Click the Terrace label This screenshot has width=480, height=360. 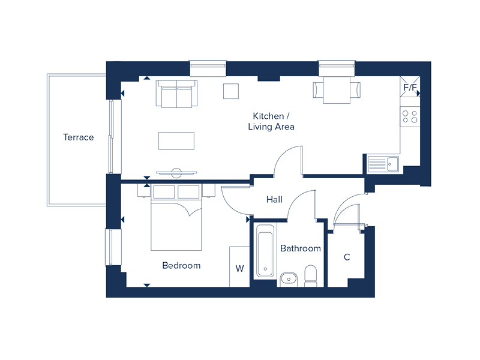79,137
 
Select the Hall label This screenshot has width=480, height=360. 274,200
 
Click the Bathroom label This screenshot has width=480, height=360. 301,248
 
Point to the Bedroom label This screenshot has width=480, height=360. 181,265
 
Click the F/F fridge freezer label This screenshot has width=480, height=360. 410,88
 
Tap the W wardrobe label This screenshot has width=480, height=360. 239,268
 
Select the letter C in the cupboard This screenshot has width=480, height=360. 347,257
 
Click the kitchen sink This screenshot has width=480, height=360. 382,163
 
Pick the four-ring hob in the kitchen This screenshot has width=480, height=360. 410,116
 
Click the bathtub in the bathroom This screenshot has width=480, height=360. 265,250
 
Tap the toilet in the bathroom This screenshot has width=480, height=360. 311,275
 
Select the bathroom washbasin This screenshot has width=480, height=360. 289,278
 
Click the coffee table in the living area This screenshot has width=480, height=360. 176,141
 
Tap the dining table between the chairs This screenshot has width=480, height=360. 337,90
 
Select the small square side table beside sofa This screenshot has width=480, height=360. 231,91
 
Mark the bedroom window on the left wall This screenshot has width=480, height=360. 109,247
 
